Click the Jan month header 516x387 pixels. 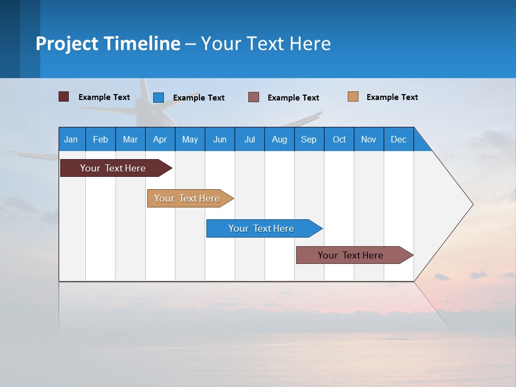pos(71,139)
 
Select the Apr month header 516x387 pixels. pos(160,139)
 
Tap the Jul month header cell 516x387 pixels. pos(249,139)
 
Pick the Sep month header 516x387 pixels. pos(309,139)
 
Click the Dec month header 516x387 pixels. pos(398,139)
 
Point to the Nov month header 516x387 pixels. pos(368,139)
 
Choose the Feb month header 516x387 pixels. pos(101,139)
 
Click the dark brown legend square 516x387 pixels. pos(63,97)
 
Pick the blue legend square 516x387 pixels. pos(159,97)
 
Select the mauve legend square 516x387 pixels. pos(254,97)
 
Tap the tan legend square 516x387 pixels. pos(353,97)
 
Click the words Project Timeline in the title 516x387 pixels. pos(108,44)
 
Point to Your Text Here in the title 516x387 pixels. pos(266,44)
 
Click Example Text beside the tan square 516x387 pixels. pos(392,97)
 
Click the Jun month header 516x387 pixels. pos(220,139)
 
